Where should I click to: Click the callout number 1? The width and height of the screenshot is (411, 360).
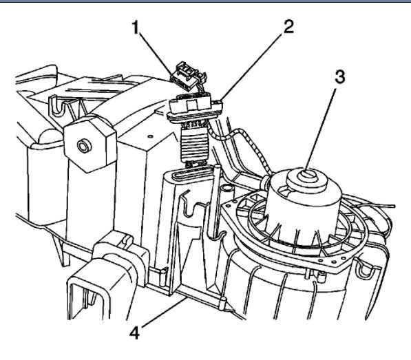click(x=135, y=28)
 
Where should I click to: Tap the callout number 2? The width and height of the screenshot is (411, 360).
click(x=288, y=27)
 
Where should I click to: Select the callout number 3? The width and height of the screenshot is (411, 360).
click(x=340, y=77)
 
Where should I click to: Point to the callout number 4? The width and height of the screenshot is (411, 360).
click(x=135, y=332)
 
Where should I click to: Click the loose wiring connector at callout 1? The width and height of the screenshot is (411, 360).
click(x=188, y=76)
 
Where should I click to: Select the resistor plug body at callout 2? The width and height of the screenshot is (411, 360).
click(x=196, y=108)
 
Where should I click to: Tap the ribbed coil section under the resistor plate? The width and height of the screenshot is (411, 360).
click(x=195, y=146)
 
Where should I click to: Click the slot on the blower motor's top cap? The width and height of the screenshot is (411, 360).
click(x=309, y=173)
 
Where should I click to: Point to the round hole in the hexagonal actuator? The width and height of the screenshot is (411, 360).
click(x=85, y=146)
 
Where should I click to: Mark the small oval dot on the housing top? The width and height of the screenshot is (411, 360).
click(x=150, y=136)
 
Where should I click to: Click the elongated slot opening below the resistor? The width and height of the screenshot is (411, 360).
click(x=192, y=173)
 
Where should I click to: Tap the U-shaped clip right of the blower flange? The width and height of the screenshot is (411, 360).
click(x=364, y=270)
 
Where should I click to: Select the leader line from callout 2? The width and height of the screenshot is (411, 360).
click(x=252, y=67)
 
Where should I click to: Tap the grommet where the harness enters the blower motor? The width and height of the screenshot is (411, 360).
click(x=264, y=182)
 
